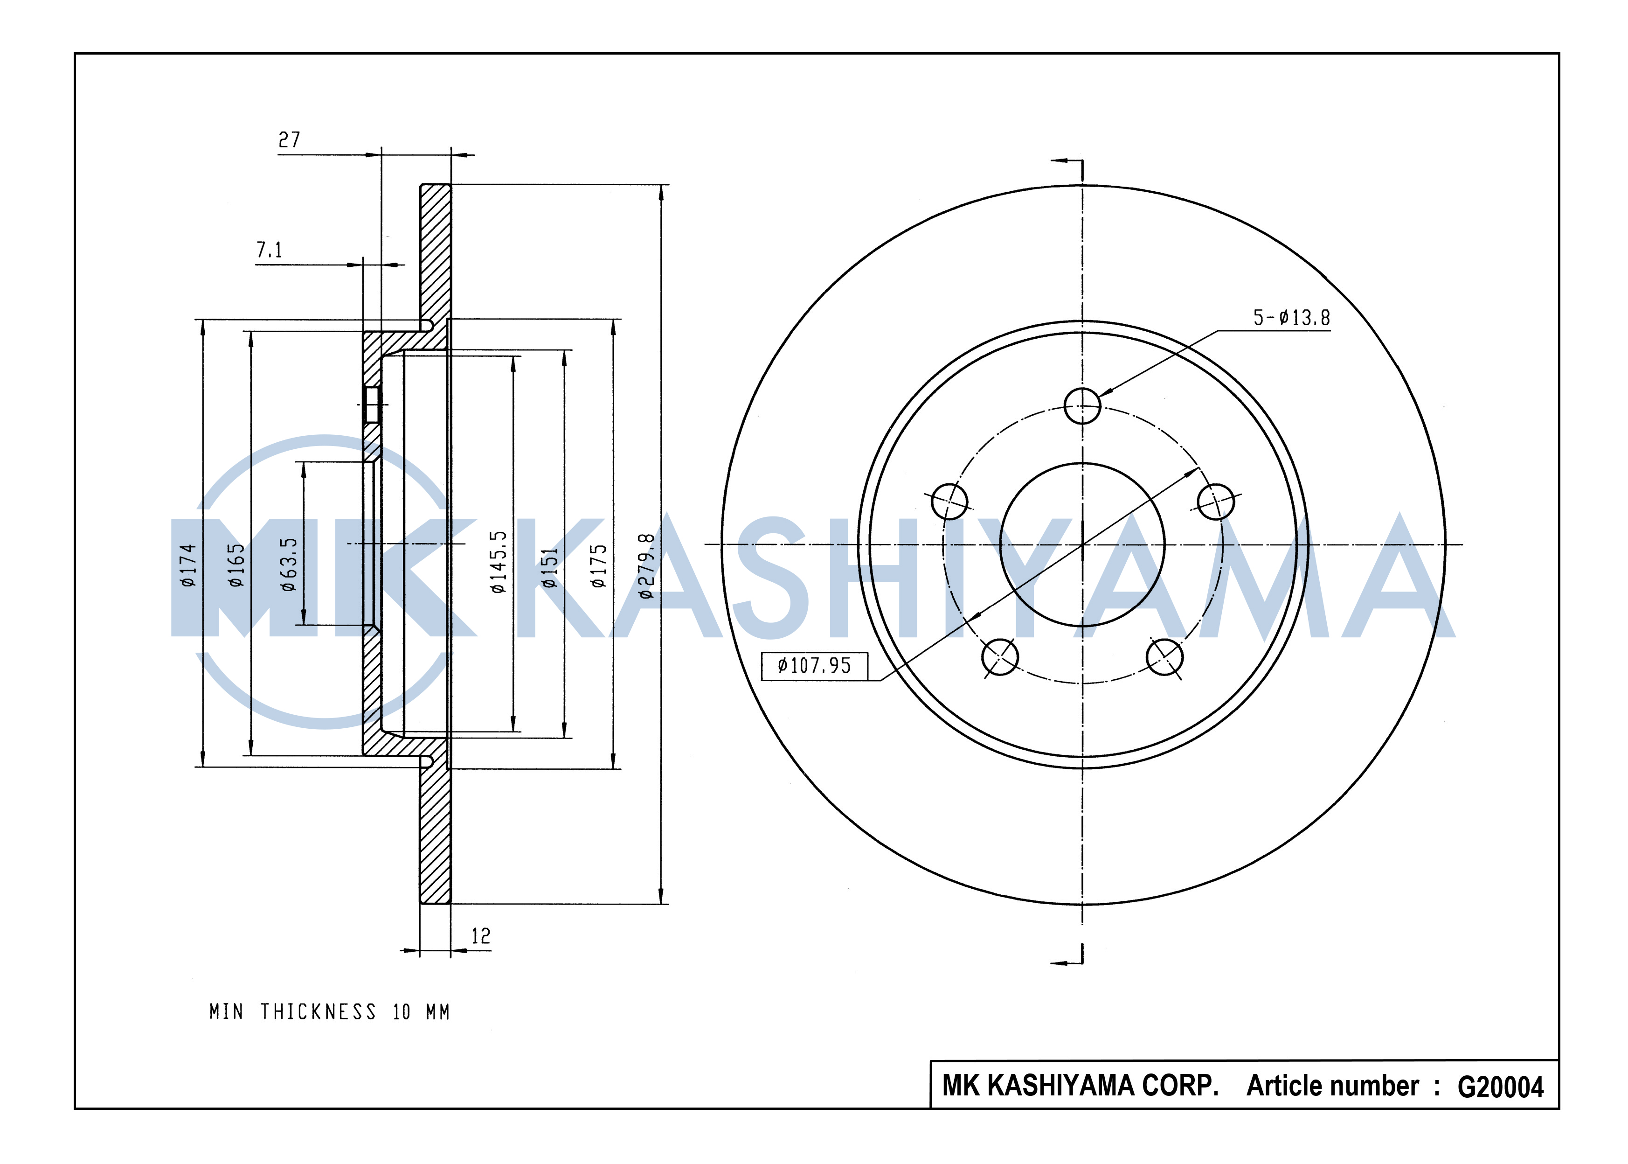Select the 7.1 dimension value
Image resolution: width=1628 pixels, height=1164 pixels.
pyautogui.click(x=270, y=250)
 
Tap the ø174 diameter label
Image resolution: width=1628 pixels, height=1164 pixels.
pyautogui.click(x=188, y=565)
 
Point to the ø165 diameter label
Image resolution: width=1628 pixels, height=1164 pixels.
pyautogui.click(x=236, y=565)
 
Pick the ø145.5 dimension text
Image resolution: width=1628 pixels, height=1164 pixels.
pyautogui.click(x=498, y=562)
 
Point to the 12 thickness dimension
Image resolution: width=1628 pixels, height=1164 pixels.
pyautogui.click(x=481, y=935)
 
